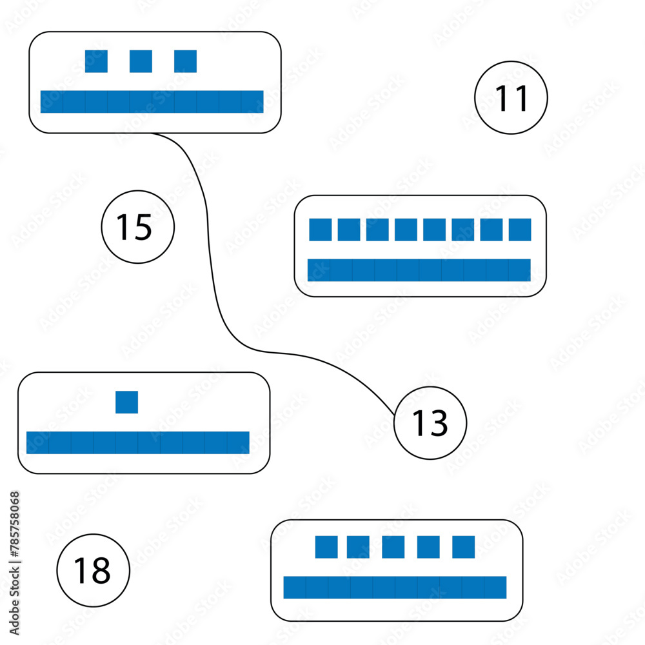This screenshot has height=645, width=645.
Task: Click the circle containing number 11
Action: point(511,98)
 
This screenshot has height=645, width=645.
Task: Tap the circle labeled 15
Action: point(138,227)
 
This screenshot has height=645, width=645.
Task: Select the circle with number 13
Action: point(430,423)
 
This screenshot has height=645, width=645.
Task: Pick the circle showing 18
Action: point(94,570)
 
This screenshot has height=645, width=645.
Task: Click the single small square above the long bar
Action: point(126,402)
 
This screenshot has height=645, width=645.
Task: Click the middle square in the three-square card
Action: point(141,61)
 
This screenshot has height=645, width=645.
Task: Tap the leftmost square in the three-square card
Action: point(96,61)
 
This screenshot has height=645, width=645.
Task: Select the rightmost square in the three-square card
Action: point(185,61)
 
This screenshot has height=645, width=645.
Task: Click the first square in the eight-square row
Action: point(320,230)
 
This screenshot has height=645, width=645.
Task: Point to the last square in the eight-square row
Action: point(520,230)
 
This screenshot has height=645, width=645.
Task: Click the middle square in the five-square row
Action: point(393,547)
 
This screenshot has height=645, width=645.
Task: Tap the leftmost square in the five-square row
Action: point(326,547)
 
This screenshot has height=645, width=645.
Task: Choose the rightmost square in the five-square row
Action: point(463,547)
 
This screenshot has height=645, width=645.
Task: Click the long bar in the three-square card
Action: point(152,102)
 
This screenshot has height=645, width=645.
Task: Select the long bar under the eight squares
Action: point(419,270)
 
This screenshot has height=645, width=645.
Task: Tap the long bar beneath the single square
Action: point(137,442)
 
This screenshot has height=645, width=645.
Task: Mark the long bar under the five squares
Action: point(395,587)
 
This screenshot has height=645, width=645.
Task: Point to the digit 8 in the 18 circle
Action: point(101,571)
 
